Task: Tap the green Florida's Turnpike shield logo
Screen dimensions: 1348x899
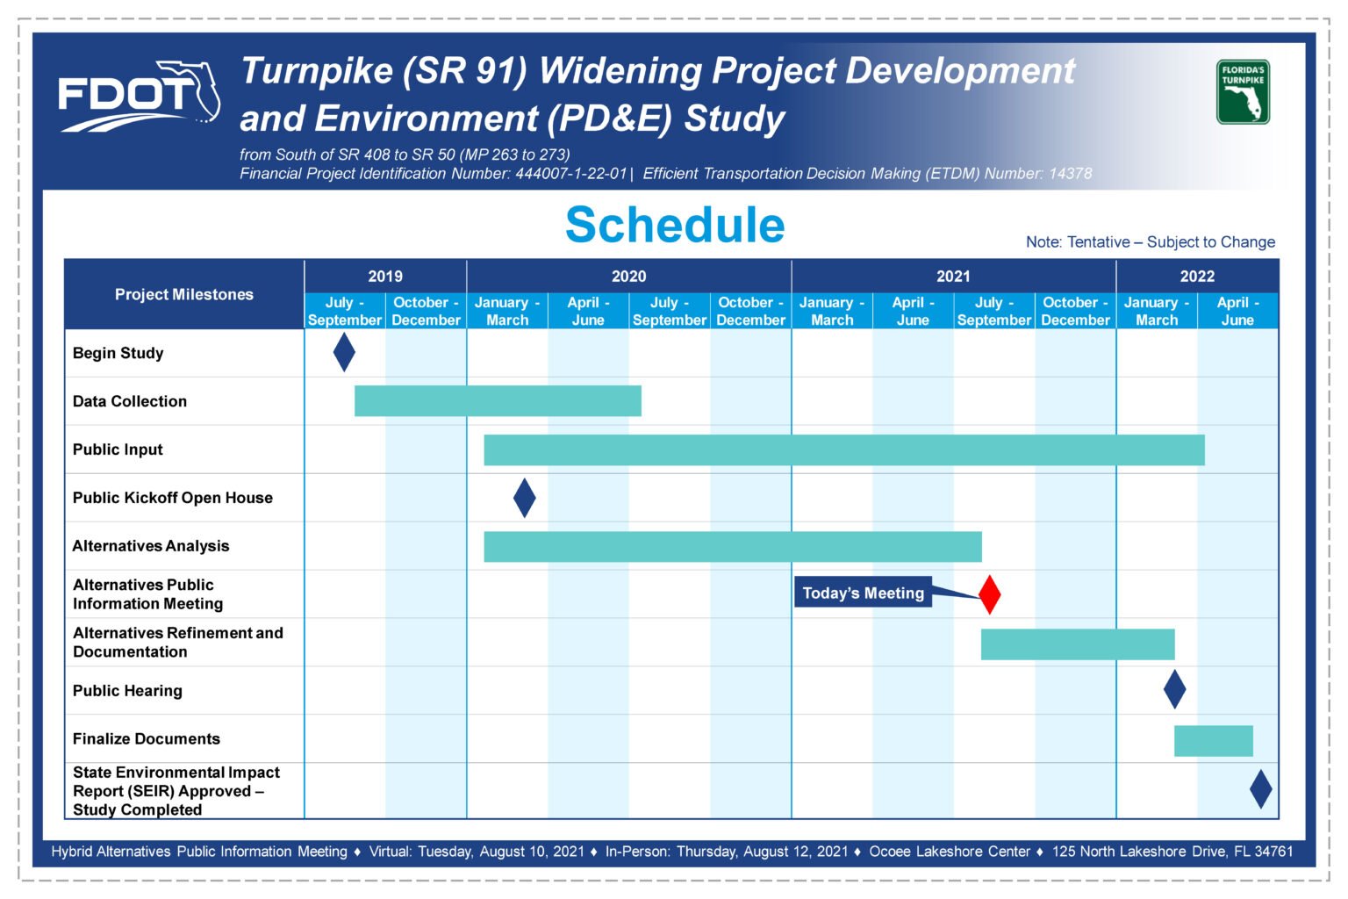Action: coord(1243,91)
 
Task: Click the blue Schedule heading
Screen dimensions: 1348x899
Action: coord(675,225)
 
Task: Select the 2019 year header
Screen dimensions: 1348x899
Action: coord(385,277)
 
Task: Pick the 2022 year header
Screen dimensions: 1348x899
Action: coord(1197,277)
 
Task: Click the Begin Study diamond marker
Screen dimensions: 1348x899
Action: coord(344,352)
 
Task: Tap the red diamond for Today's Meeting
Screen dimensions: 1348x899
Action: coord(990,594)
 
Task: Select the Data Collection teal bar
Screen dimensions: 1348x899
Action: coord(498,401)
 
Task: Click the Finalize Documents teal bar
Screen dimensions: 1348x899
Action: coord(1213,741)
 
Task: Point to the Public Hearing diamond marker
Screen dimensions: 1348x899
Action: coord(1175,689)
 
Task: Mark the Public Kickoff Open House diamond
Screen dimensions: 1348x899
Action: coord(525,498)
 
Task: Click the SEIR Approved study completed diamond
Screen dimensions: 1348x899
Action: coord(1261,788)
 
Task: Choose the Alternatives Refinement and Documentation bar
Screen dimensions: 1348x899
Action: coord(1078,644)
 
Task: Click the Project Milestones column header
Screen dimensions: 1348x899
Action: coord(184,294)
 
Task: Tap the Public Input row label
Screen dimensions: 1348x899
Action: coord(118,449)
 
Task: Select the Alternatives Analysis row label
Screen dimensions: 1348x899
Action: coord(151,546)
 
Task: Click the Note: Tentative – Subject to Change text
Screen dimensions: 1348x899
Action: coord(1150,242)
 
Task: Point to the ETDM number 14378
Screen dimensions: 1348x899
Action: coord(1070,174)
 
